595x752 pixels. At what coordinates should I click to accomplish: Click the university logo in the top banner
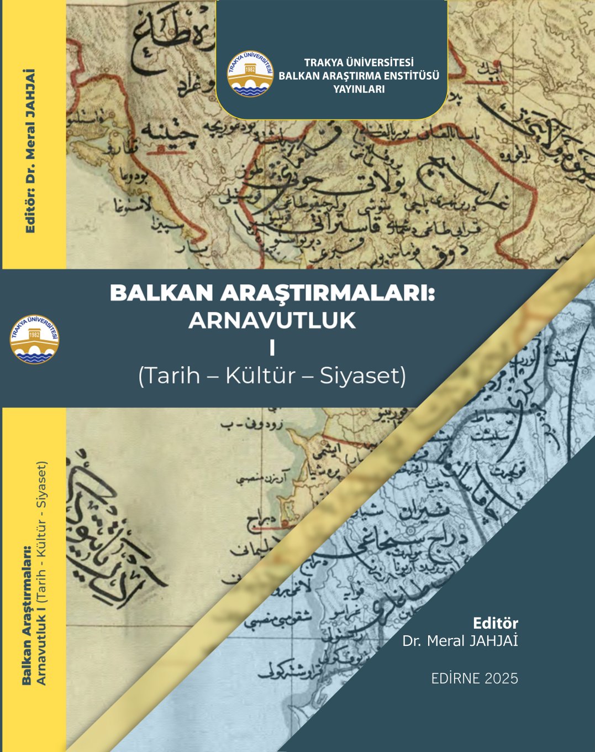point(250,74)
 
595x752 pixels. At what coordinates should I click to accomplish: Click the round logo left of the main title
point(34,339)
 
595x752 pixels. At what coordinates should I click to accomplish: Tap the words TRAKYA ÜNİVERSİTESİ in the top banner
point(359,63)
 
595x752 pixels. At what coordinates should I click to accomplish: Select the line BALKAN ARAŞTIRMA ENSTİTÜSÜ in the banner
point(359,76)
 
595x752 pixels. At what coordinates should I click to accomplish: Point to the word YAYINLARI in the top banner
point(359,89)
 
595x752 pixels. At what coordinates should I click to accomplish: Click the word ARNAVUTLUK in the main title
point(272,321)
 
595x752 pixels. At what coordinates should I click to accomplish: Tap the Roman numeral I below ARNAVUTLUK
point(272,349)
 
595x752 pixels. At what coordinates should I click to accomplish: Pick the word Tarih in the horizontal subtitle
point(170,376)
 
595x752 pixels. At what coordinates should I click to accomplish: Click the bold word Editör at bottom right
point(495,623)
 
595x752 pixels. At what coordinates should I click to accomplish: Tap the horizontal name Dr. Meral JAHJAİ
point(460,641)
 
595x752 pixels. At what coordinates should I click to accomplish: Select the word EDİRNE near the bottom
point(455,678)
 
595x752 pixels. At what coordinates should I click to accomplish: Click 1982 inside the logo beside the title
point(34,335)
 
